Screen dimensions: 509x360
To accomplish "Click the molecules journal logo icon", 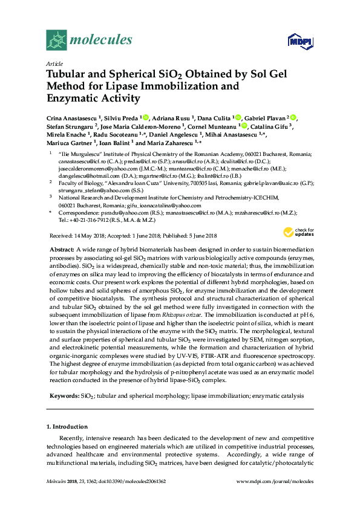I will pos(56,41).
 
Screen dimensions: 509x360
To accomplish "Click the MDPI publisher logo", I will pos(295,41).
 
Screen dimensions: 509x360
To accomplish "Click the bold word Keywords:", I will pos(64,395).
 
